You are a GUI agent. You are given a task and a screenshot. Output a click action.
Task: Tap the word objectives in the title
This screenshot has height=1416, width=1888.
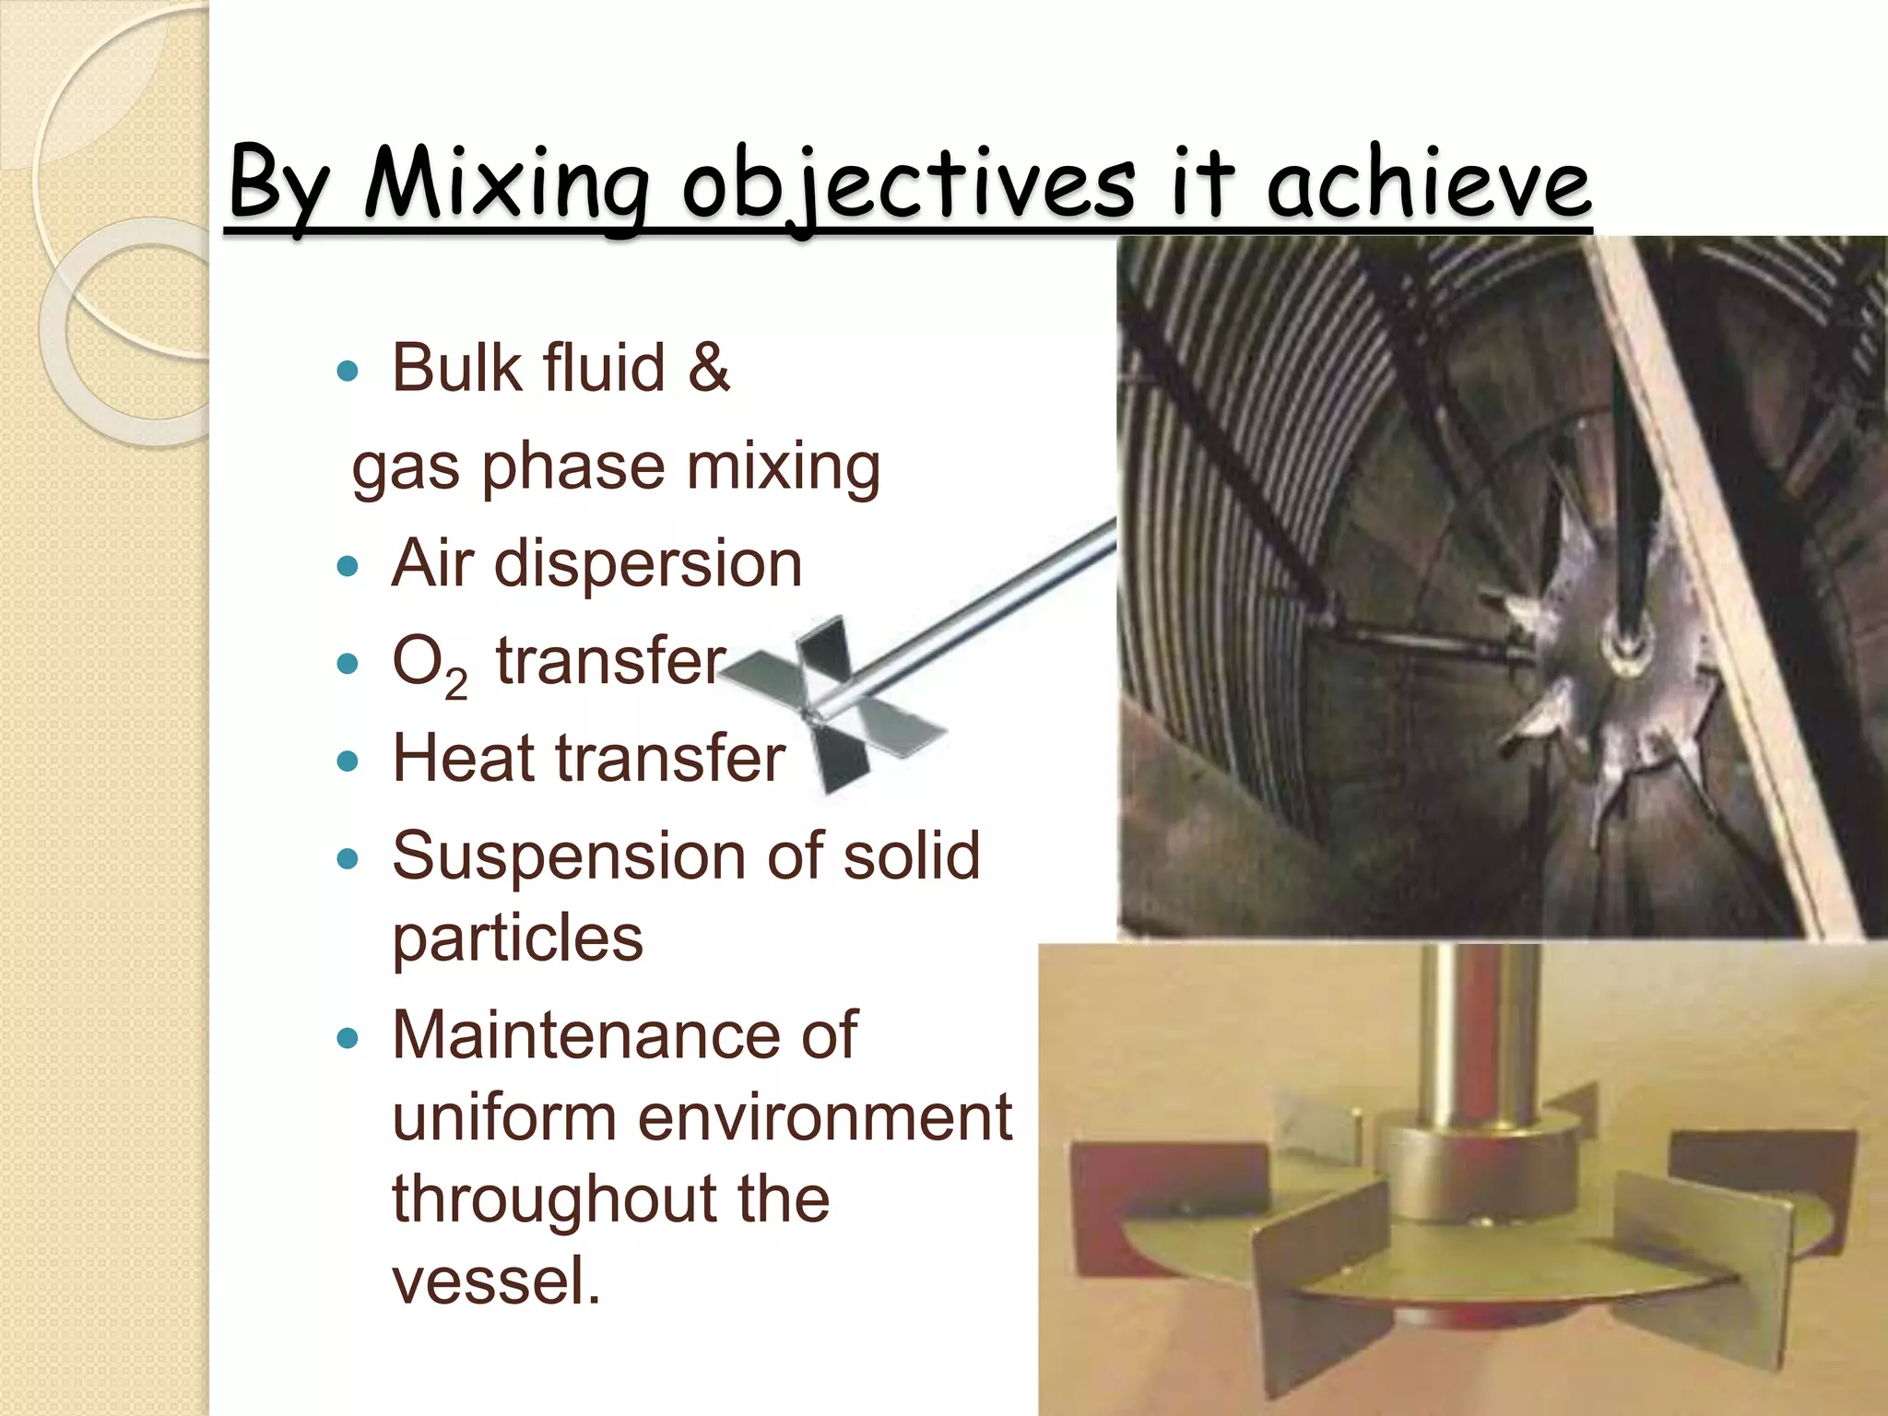(908, 184)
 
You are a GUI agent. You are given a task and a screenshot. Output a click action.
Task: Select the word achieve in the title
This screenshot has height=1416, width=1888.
(1428, 184)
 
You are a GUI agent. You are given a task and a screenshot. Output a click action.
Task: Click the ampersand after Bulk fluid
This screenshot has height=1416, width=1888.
(708, 368)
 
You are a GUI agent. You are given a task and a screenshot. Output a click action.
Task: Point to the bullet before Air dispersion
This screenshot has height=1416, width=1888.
(348, 565)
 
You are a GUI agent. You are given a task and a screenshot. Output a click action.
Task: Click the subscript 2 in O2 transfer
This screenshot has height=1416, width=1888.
(455, 684)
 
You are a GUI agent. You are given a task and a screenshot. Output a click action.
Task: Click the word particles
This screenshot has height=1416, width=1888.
(517, 938)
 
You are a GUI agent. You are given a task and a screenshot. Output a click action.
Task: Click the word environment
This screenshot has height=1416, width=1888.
(824, 1117)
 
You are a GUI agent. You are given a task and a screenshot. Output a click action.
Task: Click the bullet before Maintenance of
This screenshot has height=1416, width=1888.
(348, 1039)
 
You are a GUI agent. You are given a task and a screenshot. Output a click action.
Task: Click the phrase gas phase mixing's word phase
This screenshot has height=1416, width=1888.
(572, 467)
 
